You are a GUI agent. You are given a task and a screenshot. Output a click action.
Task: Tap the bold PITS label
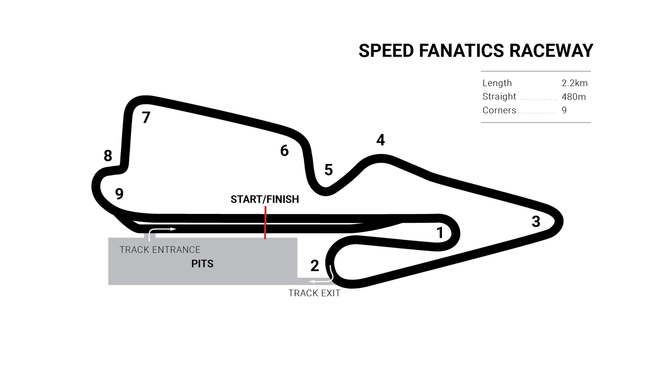click(x=202, y=264)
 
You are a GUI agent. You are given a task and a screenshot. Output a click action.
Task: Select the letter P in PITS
click(x=194, y=264)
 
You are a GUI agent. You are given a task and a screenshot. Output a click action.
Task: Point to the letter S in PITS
click(x=210, y=264)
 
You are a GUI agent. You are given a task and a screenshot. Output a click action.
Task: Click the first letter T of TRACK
click(x=122, y=250)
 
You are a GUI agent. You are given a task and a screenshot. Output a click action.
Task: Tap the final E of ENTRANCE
click(x=197, y=250)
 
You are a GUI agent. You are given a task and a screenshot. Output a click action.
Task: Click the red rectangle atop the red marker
click(x=265, y=209)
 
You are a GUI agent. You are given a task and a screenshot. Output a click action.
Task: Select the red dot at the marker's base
click(x=265, y=236)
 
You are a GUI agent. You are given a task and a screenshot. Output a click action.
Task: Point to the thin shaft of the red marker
click(x=265, y=224)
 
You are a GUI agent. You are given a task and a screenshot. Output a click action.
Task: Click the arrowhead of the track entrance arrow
click(x=173, y=229)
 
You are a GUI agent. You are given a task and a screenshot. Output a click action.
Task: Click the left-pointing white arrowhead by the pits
click(x=312, y=281)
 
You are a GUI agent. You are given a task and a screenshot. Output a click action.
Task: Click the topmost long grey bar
click(x=536, y=71)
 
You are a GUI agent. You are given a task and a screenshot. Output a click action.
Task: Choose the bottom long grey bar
click(x=536, y=122)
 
